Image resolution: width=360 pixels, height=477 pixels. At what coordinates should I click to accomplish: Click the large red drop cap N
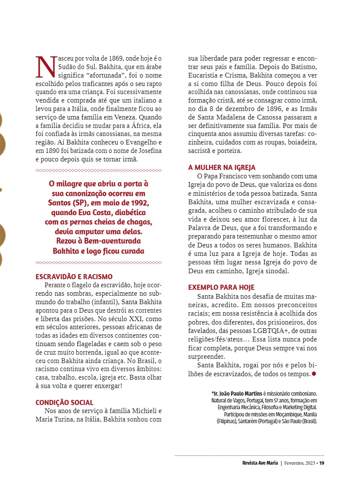[45, 67]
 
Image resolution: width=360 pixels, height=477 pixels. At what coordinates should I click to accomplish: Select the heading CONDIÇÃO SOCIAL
[64, 402]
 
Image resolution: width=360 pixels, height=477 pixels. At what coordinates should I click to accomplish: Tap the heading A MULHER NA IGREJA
[222, 167]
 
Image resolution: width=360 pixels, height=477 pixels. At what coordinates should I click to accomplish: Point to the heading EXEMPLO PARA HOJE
[221, 287]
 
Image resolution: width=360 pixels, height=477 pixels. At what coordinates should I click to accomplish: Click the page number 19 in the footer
[322, 463]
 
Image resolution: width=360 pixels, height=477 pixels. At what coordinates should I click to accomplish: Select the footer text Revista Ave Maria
[257, 463]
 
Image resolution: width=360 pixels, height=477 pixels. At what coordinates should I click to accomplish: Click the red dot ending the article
[314, 374]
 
